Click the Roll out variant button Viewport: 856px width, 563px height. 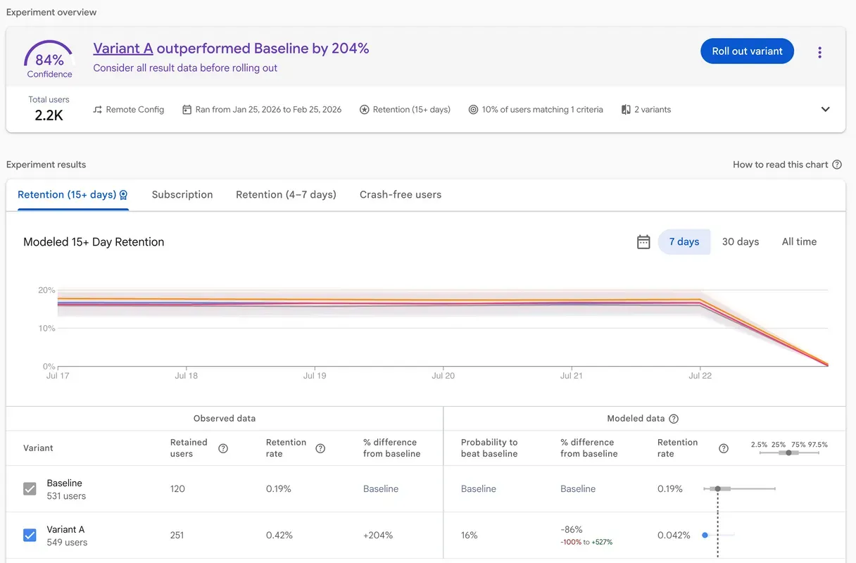[747, 51]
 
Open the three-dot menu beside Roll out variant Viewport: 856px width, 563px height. [819, 52]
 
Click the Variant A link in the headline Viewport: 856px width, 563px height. [123, 49]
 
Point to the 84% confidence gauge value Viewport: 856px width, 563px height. [49, 61]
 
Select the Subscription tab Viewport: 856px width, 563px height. [182, 195]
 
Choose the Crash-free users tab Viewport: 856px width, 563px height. [401, 195]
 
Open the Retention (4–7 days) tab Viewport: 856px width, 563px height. [286, 195]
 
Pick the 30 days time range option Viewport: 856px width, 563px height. [741, 242]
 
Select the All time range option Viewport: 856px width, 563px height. [799, 242]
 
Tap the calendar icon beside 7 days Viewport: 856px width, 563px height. [643, 242]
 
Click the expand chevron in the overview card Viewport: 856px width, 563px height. [826, 110]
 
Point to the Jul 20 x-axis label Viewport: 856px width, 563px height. [443, 376]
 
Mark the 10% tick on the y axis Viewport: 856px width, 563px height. [47, 329]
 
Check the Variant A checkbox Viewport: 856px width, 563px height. [30, 536]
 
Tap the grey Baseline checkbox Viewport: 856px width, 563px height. [30, 489]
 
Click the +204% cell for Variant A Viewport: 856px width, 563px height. [378, 536]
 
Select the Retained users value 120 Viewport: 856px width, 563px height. [177, 489]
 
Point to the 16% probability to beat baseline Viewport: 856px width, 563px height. [470, 536]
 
